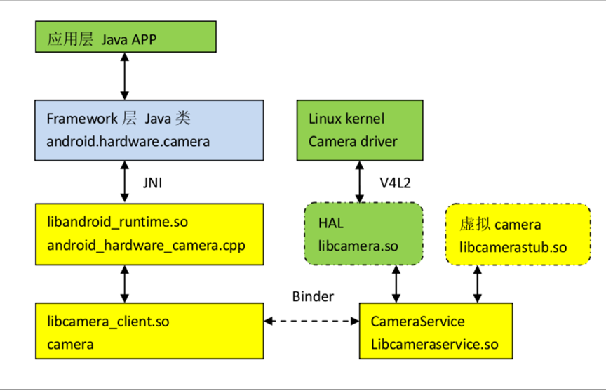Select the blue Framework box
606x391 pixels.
point(149,129)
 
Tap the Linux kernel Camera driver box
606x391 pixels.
point(360,130)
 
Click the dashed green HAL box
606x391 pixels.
point(363,234)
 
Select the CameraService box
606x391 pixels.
point(436,332)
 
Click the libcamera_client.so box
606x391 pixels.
point(149,332)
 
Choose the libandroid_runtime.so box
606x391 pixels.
point(149,234)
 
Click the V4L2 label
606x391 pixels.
point(395,183)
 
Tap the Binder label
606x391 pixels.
point(313,296)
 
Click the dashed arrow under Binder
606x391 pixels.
point(312,322)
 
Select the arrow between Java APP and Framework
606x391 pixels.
point(125,76)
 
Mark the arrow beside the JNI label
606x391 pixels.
point(125,181)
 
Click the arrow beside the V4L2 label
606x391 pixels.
point(360,181)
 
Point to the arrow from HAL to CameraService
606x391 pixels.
point(397,284)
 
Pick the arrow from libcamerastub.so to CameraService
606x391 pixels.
point(478,284)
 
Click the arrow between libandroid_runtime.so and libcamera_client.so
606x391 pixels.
point(125,284)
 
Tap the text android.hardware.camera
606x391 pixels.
point(128,141)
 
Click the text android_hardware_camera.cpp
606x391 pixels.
point(145,246)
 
